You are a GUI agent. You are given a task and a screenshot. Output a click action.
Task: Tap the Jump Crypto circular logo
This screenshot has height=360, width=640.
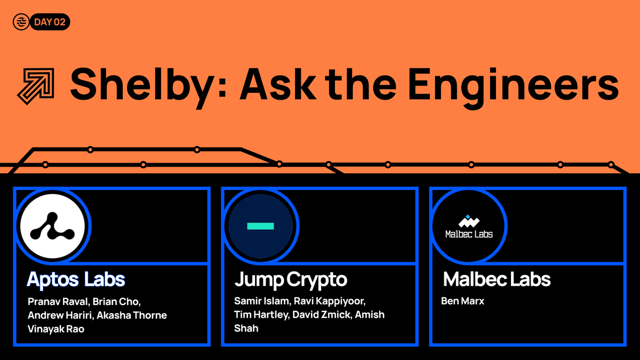261,226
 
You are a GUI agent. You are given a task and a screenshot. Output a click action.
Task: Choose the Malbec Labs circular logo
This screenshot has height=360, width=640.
469,226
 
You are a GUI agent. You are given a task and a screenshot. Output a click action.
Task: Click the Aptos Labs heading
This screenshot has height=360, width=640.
76,279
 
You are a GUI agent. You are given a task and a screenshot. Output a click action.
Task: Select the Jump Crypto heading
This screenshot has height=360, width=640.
291,279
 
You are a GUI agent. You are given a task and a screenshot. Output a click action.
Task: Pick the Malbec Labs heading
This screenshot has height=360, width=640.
497,279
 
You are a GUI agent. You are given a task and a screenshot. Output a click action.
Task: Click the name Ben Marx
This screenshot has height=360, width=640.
463,301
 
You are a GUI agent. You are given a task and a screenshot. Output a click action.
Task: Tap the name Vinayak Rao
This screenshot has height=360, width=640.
56,329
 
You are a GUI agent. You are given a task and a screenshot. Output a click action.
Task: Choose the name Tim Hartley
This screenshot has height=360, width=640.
262,315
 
